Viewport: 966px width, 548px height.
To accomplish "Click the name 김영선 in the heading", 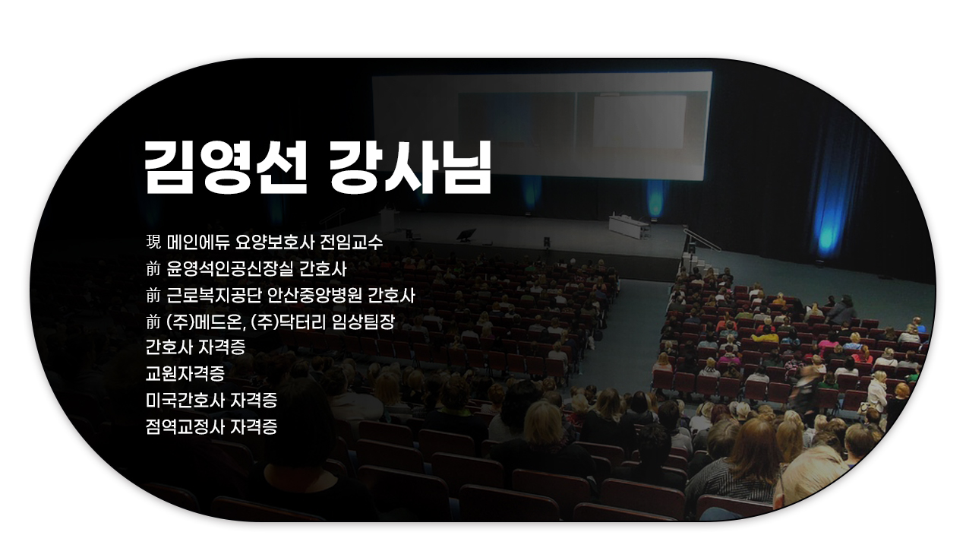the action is coord(226,167).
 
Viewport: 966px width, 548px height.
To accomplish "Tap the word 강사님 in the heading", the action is coord(410,167).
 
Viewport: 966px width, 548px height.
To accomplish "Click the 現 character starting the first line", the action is coord(153,242).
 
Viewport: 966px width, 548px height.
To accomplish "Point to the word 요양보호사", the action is coord(274,242).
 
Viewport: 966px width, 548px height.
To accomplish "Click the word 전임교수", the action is coord(351,242).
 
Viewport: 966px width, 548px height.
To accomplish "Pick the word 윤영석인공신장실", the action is coord(229,269).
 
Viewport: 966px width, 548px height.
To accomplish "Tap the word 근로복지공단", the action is coord(214,296).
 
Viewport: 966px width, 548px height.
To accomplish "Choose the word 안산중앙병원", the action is coord(314,296).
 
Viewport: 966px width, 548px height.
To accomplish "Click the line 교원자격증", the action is coord(185,374).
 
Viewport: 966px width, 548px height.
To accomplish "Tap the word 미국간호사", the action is coord(185,401).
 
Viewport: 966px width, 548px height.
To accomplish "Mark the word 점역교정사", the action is coord(185,426).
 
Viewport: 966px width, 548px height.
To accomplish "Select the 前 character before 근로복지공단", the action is coord(153,296).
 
